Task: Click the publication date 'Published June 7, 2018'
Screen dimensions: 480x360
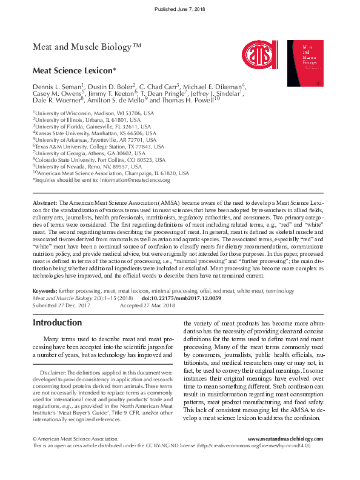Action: pyautogui.click(x=180, y=10)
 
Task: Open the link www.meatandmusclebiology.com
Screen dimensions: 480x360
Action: pyautogui.click(x=285, y=439)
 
